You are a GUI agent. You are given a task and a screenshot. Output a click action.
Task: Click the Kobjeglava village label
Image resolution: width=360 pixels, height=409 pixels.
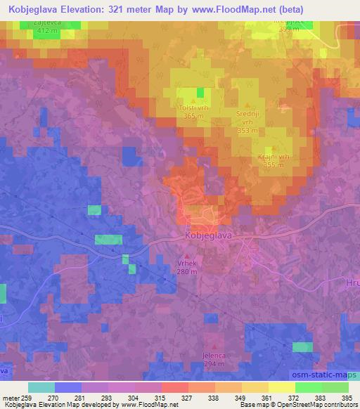coord(208,237)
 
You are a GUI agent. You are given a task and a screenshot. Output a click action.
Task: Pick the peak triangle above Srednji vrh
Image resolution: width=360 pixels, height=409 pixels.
coord(250,104)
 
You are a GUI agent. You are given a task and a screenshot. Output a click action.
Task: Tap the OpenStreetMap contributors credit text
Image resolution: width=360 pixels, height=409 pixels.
coord(316,405)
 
